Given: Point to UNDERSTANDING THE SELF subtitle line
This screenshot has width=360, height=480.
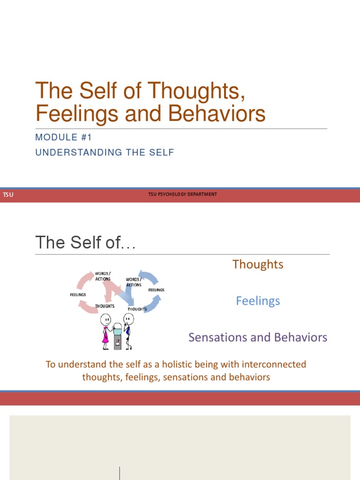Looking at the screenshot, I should pyautogui.click(x=105, y=152).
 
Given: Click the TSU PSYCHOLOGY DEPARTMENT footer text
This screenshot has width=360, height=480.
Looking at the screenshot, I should pyautogui.click(x=182, y=195).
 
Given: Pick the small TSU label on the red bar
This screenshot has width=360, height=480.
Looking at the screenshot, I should pyautogui.click(x=8, y=195).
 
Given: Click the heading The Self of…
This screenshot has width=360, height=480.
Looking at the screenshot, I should pyautogui.click(x=86, y=243).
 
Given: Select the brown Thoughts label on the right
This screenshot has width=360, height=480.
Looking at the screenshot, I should pyautogui.click(x=258, y=264).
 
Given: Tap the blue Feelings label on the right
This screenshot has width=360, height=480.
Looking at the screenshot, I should pyautogui.click(x=258, y=301).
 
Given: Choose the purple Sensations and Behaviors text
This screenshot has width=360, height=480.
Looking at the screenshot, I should pyautogui.click(x=258, y=337).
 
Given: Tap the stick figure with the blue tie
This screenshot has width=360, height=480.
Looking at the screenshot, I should pyautogui.click(x=128, y=331).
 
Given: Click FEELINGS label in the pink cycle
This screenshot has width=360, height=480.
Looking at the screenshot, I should pyautogui.click(x=78, y=295).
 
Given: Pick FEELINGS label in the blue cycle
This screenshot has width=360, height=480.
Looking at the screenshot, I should pyautogui.click(x=156, y=290).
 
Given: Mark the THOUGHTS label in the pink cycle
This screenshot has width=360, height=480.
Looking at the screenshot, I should pyautogui.click(x=105, y=306).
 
